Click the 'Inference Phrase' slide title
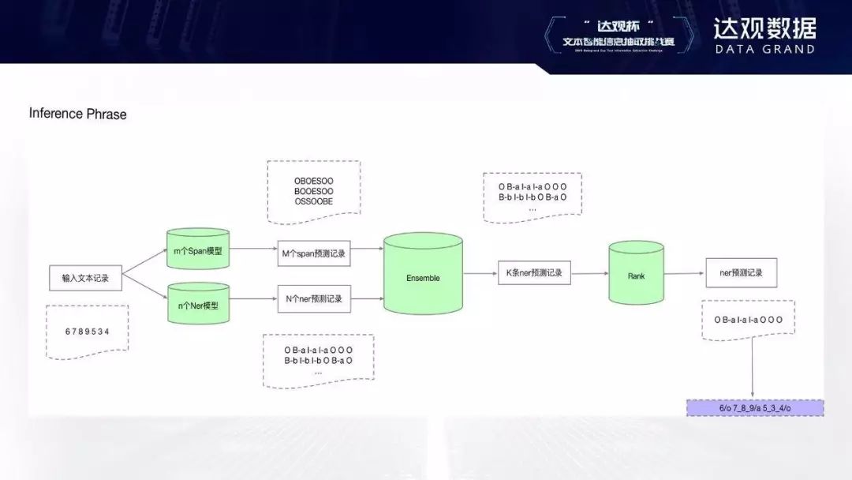[77, 114]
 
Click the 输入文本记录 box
[85, 279]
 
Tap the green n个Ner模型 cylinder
[198, 304]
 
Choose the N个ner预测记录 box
[313, 299]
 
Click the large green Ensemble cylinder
[423, 277]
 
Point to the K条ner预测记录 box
[534, 273]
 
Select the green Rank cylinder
[636, 276]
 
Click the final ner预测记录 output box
[742, 273]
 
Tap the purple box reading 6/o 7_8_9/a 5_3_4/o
[756, 408]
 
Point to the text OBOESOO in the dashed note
[313, 181]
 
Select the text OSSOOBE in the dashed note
[313, 201]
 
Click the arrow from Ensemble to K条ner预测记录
[479, 274]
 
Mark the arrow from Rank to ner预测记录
[684, 274]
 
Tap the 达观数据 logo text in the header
[764, 28]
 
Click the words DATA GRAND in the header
[764, 49]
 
